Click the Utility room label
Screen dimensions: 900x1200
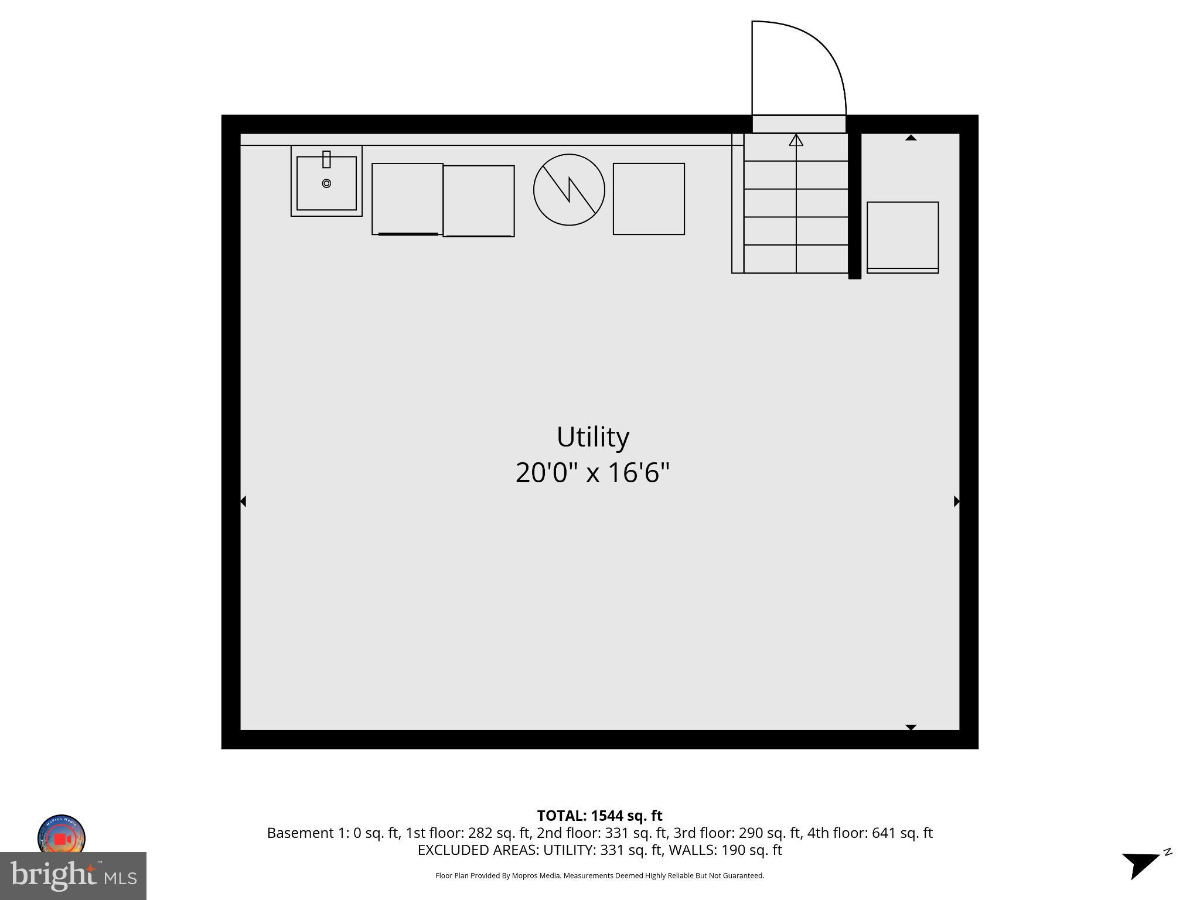point(592,437)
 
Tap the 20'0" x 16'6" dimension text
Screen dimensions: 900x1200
point(592,473)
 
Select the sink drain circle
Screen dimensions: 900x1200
point(326,183)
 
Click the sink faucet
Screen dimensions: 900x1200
point(326,159)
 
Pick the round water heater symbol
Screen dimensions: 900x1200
point(569,190)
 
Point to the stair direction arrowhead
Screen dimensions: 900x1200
point(796,141)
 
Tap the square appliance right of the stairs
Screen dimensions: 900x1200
point(902,237)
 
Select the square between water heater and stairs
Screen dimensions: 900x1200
point(649,199)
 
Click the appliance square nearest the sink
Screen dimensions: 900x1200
point(407,199)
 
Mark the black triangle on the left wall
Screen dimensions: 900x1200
point(243,502)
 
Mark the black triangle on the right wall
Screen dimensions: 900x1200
point(956,502)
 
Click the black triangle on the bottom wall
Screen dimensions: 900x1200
point(911,727)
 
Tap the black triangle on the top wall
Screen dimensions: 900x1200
point(911,138)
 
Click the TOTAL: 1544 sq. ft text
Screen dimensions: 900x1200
point(599,816)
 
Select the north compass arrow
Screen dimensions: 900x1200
point(1140,864)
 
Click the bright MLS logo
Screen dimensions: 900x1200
point(73,876)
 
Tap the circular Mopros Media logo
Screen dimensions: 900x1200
point(62,836)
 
